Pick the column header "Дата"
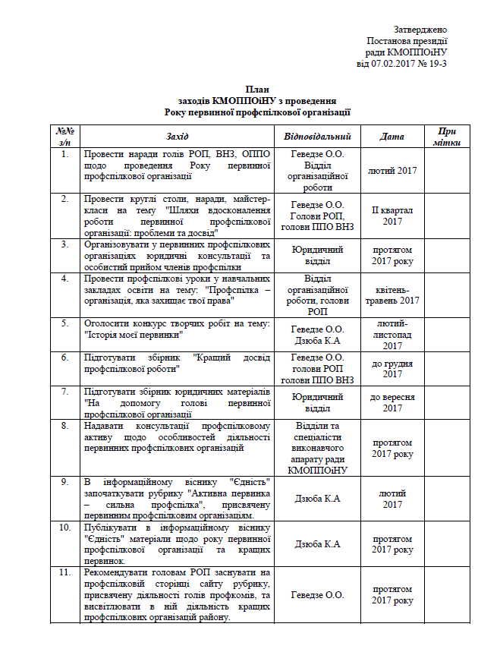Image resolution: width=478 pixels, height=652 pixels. [x=392, y=137]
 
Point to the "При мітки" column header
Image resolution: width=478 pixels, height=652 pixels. [x=447, y=137]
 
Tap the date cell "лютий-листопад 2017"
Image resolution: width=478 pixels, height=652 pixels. [x=392, y=335]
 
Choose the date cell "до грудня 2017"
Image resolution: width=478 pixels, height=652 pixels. [x=392, y=368]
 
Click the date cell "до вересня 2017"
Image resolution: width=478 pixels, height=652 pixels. [x=392, y=402]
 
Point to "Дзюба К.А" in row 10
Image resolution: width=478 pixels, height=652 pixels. [x=317, y=543]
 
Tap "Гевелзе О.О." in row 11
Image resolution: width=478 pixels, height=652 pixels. [x=317, y=594]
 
